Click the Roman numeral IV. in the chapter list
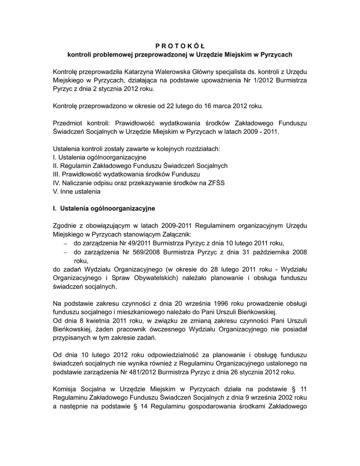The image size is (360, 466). click(56, 183)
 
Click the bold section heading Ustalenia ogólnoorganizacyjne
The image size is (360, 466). click(107, 208)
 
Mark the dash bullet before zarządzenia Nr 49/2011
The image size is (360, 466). click(65, 243)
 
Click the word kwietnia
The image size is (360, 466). click(96, 320)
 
